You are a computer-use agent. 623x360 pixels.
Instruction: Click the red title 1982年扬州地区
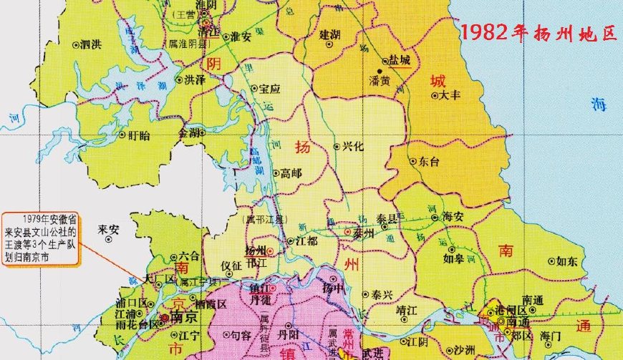538,33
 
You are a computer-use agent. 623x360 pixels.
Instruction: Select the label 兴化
353,146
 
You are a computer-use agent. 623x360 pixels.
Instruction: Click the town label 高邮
291,172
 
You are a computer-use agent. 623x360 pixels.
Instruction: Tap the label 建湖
330,34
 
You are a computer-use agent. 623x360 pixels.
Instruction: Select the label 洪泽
195,79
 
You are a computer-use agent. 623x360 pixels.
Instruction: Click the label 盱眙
139,135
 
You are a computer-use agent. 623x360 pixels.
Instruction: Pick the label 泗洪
91,44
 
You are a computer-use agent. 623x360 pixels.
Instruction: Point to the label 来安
108,229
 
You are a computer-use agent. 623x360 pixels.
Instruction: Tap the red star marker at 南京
165,317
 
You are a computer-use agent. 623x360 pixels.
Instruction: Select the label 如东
566,261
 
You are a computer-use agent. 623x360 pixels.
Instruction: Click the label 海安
453,215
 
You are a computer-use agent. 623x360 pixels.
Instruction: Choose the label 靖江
407,311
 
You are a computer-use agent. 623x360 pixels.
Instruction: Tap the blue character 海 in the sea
598,104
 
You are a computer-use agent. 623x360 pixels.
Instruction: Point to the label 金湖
190,132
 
